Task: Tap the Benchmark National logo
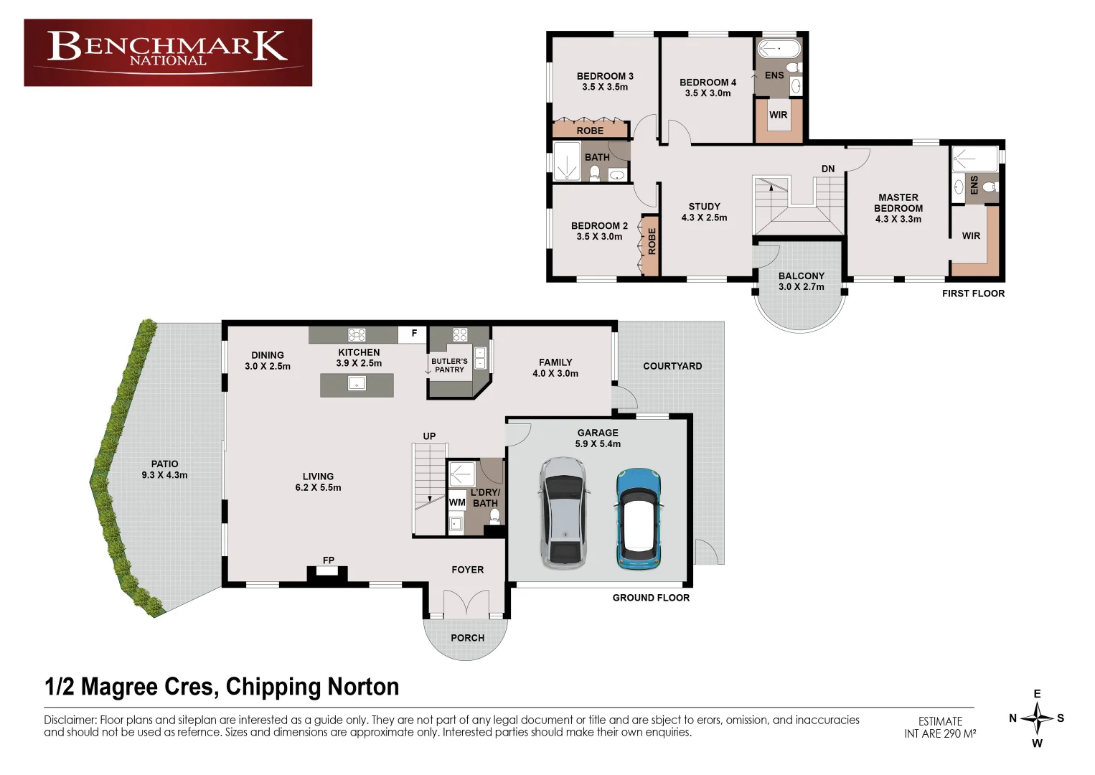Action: point(168,52)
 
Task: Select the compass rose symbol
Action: point(1037,718)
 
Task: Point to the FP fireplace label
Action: point(329,560)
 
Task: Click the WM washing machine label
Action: point(457,502)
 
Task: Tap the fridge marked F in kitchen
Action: point(414,334)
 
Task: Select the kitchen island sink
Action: point(357,384)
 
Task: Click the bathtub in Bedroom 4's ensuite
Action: point(779,49)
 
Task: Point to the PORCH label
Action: point(467,638)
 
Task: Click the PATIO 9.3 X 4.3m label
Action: point(164,469)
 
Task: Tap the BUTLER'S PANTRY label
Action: point(449,365)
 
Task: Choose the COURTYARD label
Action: point(672,366)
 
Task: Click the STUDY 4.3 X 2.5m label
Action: point(704,212)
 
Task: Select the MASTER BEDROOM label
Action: point(898,208)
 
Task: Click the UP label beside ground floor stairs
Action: point(429,436)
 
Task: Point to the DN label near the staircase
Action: point(828,169)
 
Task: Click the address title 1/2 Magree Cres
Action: point(222,687)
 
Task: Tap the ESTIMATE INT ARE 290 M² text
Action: point(940,727)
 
